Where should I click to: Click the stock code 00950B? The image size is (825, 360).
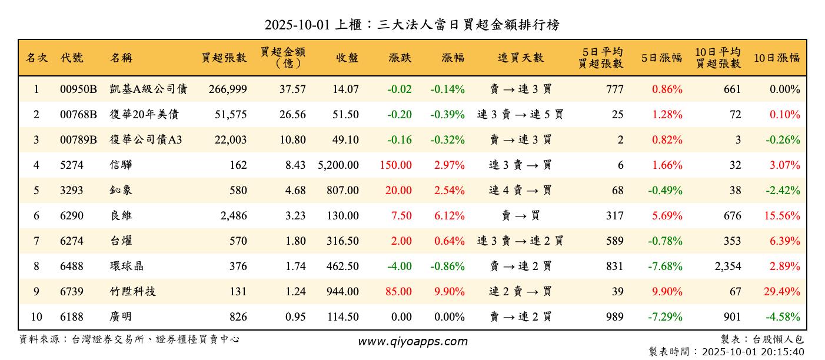(78, 89)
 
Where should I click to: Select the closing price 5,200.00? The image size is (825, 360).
(338, 165)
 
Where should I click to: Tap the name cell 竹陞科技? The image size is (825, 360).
(133, 291)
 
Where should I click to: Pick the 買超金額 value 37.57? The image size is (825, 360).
(292, 89)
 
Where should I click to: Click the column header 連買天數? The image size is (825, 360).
(521, 58)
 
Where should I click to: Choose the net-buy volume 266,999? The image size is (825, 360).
(227, 89)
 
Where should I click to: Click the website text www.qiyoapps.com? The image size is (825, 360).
(412, 342)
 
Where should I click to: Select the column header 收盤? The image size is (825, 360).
(347, 58)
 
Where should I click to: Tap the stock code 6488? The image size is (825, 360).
(72, 266)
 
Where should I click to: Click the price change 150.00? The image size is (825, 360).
(395, 165)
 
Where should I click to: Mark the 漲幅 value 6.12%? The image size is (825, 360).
(450, 216)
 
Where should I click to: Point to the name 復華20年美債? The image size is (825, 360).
(144, 115)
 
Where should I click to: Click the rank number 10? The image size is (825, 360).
(36, 316)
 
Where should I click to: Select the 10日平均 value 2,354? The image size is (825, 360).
(728, 266)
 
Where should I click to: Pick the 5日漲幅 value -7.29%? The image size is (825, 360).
(665, 316)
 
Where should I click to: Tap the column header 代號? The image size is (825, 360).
(72, 58)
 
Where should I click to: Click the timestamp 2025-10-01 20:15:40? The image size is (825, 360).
(753, 352)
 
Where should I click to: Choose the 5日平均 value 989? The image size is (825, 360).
(614, 316)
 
